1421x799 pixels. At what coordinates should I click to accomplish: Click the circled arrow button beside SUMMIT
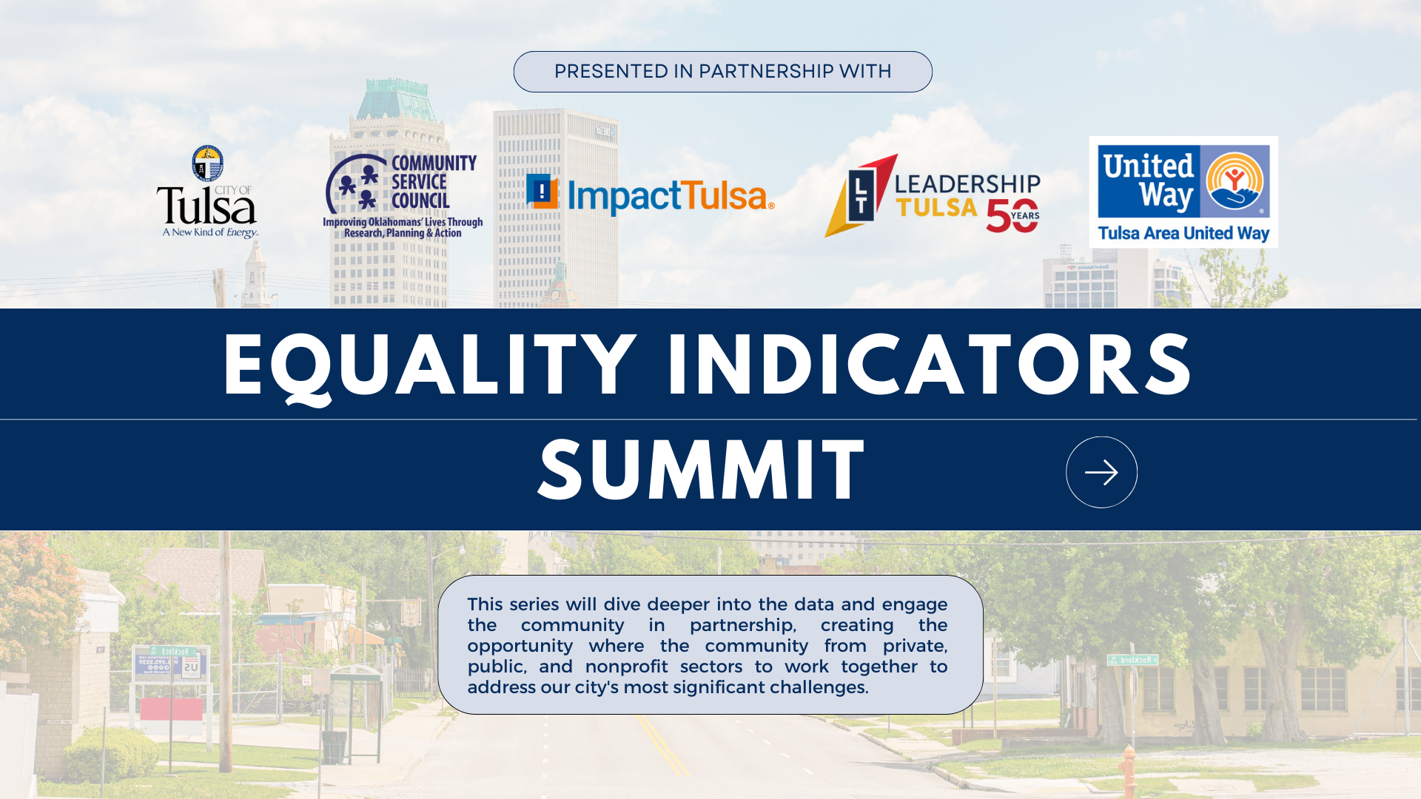click(1101, 472)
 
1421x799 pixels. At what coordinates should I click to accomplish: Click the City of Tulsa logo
click(207, 192)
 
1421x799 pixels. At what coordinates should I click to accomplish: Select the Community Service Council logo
click(403, 195)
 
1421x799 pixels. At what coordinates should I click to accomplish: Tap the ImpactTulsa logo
click(650, 195)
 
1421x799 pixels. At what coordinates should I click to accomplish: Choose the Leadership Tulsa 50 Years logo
click(933, 195)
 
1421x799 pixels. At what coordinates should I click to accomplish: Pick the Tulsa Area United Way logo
click(1183, 192)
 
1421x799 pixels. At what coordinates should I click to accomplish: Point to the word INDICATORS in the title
click(929, 365)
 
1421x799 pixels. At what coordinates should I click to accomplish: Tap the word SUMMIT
click(701, 471)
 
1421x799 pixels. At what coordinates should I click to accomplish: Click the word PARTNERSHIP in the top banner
click(766, 72)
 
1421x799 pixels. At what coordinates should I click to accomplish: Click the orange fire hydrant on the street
click(1128, 769)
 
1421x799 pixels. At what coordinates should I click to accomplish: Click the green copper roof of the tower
click(397, 100)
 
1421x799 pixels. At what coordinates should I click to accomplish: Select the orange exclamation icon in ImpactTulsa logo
click(542, 192)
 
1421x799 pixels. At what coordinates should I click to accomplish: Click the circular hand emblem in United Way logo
click(1234, 181)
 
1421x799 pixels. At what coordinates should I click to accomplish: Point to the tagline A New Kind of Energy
click(210, 232)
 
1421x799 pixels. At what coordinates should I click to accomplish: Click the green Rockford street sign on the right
click(1132, 659)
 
